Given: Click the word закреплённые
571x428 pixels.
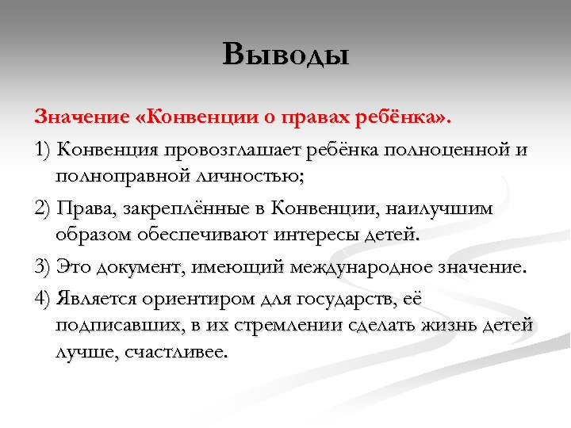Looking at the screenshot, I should coord(192,208).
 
